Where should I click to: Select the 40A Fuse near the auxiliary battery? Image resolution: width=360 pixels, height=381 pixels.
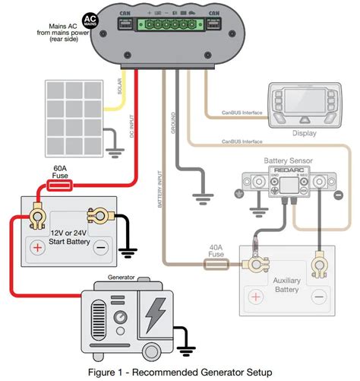[218, 264]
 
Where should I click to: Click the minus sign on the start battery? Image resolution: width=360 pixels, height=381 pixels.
[100, 247]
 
